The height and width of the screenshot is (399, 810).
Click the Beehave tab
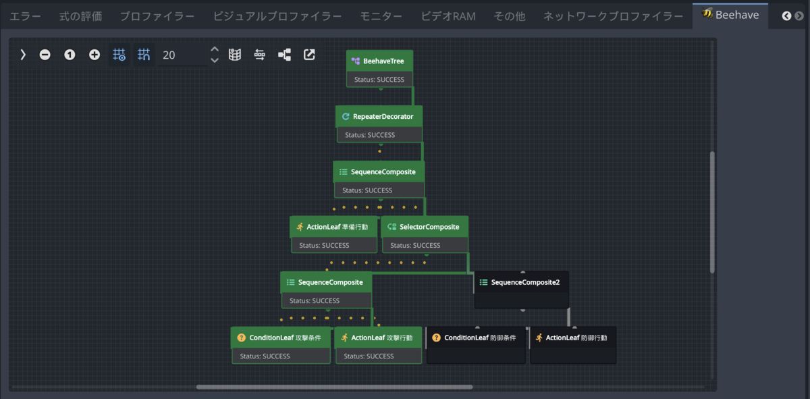click(730, 15)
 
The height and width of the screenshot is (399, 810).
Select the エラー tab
click(26, 16)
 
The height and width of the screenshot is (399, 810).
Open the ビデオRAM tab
click(448, 16)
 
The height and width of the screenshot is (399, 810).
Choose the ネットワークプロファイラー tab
click(614, 16)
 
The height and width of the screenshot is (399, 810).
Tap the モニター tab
click(381, 16)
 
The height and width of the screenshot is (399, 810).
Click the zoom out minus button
click(45, 55)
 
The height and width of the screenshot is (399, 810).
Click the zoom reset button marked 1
click(70, 55)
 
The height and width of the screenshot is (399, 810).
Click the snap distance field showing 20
click(183, 55)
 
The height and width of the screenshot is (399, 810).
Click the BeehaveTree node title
click(383, 61)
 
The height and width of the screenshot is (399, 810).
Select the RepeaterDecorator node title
click(383, 117)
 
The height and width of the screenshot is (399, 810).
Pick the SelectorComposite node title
click(429, 227)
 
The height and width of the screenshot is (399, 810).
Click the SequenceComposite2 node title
click(525, 282)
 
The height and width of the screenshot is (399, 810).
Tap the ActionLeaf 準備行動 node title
click(337, 227)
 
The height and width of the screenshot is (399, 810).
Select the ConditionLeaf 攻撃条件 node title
click(285, 338)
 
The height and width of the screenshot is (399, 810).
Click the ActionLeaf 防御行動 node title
click(576, 338)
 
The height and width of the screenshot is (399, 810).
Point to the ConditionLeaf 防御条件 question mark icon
click(437, 338)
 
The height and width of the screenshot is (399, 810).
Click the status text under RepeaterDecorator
click(370, 135)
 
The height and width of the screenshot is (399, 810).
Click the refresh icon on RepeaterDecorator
click(346, 117)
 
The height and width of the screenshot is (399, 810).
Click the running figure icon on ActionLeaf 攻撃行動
click(344, 338)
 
